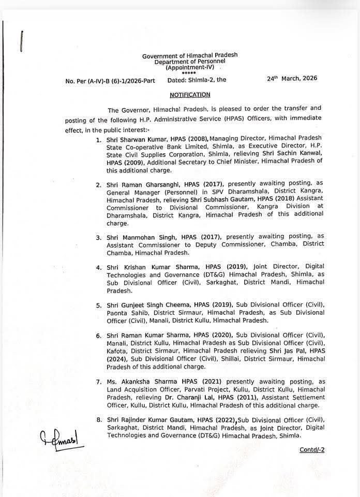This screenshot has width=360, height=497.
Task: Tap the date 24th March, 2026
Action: (x=292, y=79)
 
